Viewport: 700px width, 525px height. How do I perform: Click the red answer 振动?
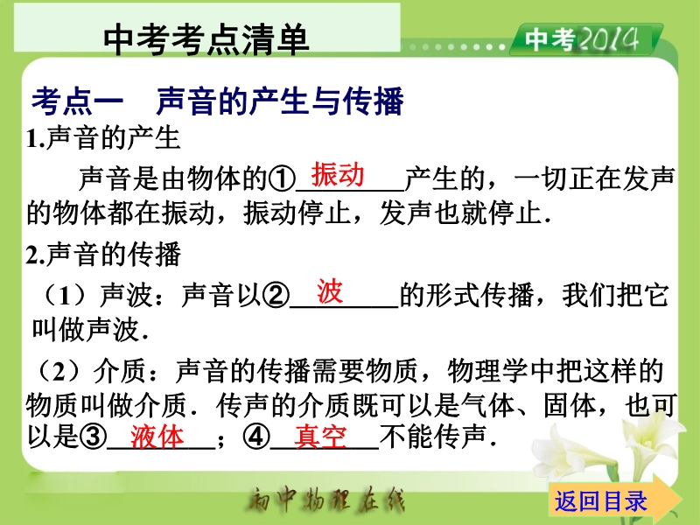(x=338, y=174)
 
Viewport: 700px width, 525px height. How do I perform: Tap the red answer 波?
(x=330, y=291)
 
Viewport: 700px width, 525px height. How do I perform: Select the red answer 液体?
(x=157, y=437)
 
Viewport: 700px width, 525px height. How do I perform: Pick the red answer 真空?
(x=320, y=437)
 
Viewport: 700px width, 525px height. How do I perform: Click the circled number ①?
(x=282, y=179)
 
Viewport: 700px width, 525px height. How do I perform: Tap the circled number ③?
(x=94, y=436)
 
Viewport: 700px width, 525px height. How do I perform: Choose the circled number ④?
(x=256, y=436)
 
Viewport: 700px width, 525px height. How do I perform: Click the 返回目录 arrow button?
(x=615, y=500)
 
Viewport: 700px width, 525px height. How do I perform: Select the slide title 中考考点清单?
(x=206, y=39)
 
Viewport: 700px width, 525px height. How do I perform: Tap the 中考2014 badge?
(x=585, y=39)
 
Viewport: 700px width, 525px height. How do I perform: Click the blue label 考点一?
(x=77, y=101)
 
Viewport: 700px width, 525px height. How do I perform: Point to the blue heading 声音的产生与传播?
(x=280, y=101)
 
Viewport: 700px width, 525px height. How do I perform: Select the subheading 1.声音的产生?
(x=103, y=138)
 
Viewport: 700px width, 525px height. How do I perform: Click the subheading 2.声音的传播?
(x=103, y=255)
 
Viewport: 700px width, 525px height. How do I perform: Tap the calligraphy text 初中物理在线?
(x=326, y=499)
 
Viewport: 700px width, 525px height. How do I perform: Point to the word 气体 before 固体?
(x=488, y=405)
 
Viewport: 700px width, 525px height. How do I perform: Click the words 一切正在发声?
(x=594, y=179)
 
